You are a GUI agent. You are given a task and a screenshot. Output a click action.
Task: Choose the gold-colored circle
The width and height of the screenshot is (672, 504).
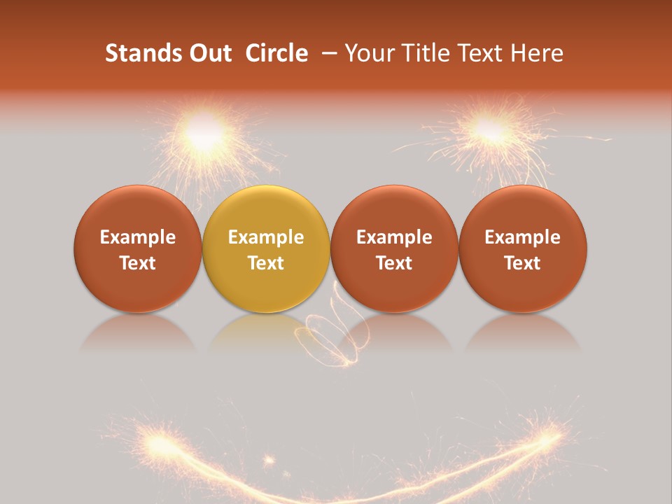[266, 248]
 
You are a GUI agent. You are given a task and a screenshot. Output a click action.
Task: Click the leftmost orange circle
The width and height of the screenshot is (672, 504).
[137, 248]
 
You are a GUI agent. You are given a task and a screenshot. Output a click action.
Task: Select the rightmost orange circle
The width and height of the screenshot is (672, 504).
[522, 248]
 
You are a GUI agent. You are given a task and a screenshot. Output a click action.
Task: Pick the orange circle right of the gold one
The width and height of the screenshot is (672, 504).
[394, 248]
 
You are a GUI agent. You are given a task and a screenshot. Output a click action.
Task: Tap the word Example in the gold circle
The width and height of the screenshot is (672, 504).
[266, 237]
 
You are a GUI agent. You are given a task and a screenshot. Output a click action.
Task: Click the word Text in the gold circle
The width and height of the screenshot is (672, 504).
[266, 263]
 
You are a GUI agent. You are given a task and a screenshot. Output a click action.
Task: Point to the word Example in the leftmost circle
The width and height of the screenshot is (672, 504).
[137, 237]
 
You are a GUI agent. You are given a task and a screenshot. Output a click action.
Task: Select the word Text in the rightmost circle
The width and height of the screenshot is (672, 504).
[522, 263]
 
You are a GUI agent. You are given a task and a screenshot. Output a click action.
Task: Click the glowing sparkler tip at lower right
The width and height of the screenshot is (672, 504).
[550, 438]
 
